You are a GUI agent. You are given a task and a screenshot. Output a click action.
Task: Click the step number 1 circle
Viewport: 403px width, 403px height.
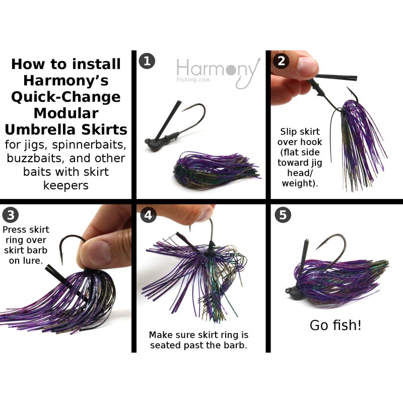coord(146,61)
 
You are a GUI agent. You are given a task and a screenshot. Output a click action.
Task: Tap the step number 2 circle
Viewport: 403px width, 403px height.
coord(281,61)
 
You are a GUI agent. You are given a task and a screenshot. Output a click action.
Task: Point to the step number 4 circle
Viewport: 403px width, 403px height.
coord(148,215)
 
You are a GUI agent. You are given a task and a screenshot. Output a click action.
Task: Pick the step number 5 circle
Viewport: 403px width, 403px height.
coord(283,215)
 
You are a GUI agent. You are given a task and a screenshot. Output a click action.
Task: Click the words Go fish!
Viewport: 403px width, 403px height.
coord(335,325)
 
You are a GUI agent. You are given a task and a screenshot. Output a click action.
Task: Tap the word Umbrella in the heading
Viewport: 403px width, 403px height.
coord(49,129)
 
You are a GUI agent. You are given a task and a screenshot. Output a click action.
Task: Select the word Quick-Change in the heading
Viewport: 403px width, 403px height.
coord(66,96)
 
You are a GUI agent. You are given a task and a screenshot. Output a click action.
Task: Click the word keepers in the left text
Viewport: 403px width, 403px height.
coord(66,185)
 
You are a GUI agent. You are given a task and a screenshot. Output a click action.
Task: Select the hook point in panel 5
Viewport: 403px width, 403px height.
coord(317,248)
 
